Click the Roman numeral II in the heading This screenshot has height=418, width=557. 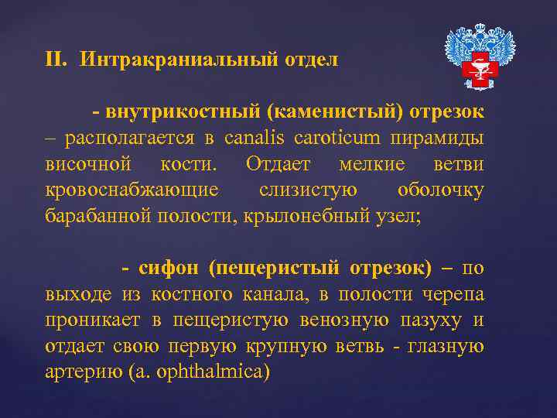[x=55, y=60]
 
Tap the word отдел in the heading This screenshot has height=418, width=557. [x=313, y=60]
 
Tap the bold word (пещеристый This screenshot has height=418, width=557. [x=275, y=269]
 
